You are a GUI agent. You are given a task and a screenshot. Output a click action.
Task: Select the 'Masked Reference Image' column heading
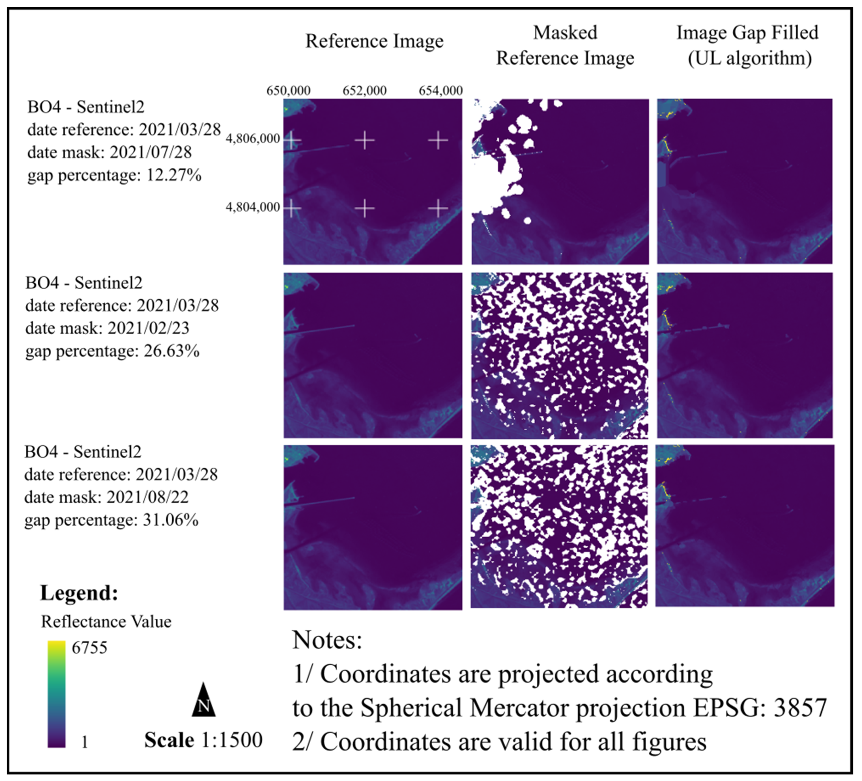[565, 45]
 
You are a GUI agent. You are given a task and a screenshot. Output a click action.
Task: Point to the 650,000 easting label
[288, 90]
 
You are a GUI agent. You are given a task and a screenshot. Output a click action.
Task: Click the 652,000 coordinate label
[364, 90]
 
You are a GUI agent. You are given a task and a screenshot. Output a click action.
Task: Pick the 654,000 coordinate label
[440, 90]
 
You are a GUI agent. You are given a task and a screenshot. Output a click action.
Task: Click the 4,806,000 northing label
[253, 139]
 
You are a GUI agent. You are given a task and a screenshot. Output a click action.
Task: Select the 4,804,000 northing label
[253, 207]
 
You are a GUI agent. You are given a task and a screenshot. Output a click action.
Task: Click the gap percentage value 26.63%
[172, 351]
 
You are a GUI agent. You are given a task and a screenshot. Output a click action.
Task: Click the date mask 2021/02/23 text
[148, 328]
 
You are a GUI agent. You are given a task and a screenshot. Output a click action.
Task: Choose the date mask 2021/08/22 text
[147, 497]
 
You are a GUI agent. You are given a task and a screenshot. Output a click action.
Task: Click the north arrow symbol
[203, 701]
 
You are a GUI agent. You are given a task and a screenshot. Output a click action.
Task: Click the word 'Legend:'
[79, 593]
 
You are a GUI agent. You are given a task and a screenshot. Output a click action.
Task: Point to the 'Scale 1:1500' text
[203, 740]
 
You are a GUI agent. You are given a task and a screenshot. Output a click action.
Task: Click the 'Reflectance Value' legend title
[106, 622]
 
